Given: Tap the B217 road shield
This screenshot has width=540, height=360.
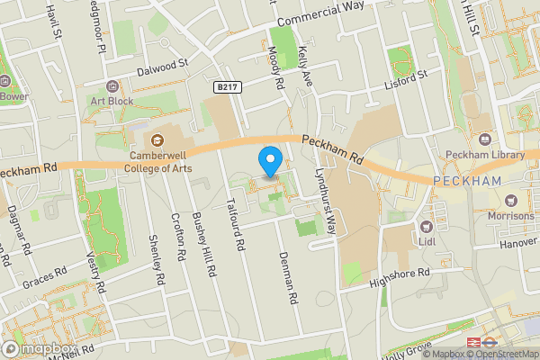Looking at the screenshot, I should click(x=227, y=86).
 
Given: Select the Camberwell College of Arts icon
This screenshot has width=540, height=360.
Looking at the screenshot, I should click(x=157, y=139).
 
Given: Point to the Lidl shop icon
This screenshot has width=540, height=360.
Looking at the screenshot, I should click(x=427, y=226).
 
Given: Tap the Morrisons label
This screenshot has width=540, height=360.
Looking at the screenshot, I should click(x=509, y=216).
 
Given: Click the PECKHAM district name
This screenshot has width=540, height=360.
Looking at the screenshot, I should click(x=466, y=181).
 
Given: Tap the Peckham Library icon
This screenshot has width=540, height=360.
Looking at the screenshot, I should click(x=484, y=139).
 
